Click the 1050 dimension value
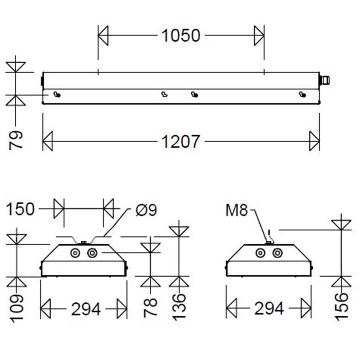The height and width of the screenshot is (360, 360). click(180, 35)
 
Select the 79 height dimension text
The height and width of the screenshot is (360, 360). click(16, 140)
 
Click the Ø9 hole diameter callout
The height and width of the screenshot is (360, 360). click(145, 210)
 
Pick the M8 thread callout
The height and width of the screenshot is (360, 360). click(237, 210)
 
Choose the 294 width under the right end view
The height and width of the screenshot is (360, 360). click(269, 309)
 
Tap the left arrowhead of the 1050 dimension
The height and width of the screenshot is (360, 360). click(103, 35)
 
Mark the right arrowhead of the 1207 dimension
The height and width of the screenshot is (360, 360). click(314, 141)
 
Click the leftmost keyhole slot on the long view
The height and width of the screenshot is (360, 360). click(57, 94)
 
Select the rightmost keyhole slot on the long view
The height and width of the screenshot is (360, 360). click(302, 94)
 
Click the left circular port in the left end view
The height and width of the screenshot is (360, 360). click(74, 253)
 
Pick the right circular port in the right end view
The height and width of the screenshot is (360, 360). click(276, 253)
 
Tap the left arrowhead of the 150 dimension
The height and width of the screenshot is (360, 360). click(59, 209)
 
